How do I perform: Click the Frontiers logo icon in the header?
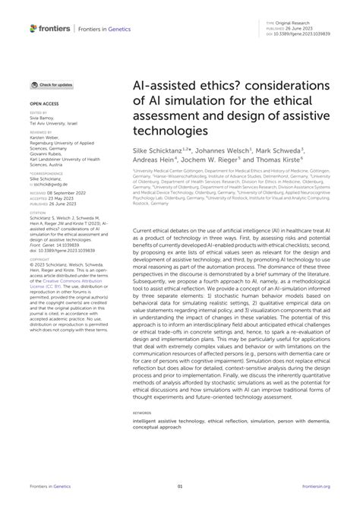click(x=34, y=28)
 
